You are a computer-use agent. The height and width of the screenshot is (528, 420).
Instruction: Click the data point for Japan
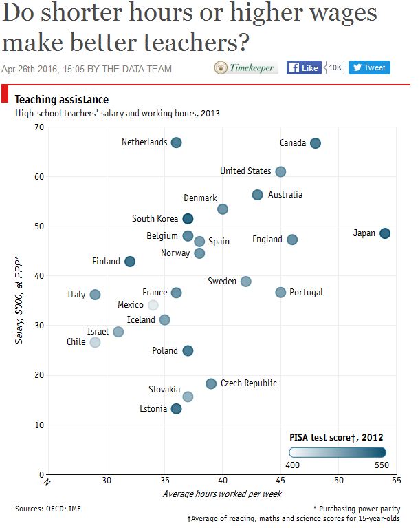point(385,233)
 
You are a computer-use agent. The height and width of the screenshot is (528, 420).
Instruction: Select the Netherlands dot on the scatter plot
point(176,142)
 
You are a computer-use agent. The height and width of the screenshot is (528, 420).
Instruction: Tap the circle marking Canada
point(316,143)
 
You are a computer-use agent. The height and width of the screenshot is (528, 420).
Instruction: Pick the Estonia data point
point(176,409)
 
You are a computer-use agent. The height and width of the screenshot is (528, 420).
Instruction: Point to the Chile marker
point(95,342)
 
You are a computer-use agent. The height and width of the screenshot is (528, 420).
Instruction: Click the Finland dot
point(130,262)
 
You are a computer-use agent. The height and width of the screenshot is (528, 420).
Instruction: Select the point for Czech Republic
point(211,383)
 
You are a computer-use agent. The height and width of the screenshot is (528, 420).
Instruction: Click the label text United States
point(245,171)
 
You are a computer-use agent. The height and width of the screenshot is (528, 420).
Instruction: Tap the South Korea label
point(155,219)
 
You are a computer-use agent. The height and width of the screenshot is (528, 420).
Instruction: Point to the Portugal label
point(306,293)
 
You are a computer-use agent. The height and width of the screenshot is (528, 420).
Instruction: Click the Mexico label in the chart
point(131,305)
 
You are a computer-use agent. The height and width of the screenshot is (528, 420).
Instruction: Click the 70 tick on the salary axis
point(38,127)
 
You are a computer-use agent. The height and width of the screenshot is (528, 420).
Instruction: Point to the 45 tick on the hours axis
point(280,480)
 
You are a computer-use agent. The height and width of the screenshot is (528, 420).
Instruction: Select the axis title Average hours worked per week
point(222,494)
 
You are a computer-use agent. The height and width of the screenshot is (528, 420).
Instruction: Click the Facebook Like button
point(303,67)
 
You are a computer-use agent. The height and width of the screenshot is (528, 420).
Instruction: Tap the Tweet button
point(369,67)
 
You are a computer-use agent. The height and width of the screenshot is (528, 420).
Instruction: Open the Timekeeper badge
point(245,67)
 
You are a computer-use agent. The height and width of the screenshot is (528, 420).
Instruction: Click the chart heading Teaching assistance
point(61,100)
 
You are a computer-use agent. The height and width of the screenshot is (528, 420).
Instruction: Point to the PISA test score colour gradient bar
point(338,452)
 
